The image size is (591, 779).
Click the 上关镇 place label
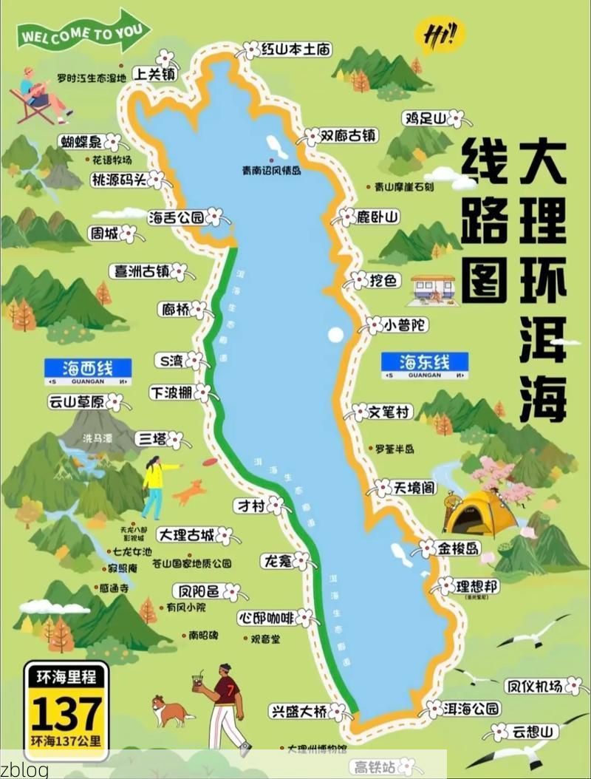click(x=154, y=74)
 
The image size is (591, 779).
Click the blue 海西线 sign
click(x=88, y=367)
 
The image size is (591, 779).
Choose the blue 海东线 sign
click(x=424, y=362)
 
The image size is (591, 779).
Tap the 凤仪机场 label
click(x=533, y=687)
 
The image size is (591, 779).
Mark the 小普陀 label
click(x=406, y=325)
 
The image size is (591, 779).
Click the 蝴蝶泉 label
click(x=81, y=141)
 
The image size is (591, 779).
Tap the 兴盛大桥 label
click(x=298, y=712)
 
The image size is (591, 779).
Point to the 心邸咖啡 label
click(x=267, y=617)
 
